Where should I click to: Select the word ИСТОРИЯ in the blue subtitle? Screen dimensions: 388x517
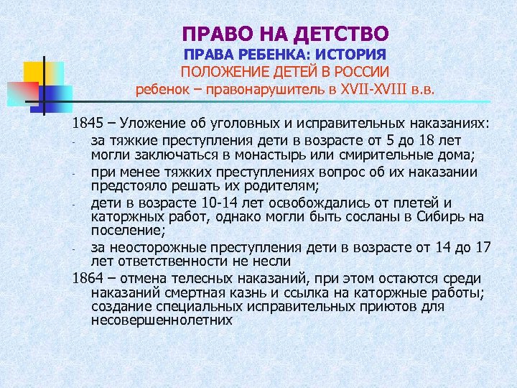[350, 54]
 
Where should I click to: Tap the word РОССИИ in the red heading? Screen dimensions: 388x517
[359, 72]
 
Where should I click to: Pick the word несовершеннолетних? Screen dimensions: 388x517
[162, 320]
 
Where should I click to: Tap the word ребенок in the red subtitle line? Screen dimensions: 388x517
[161, 91]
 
